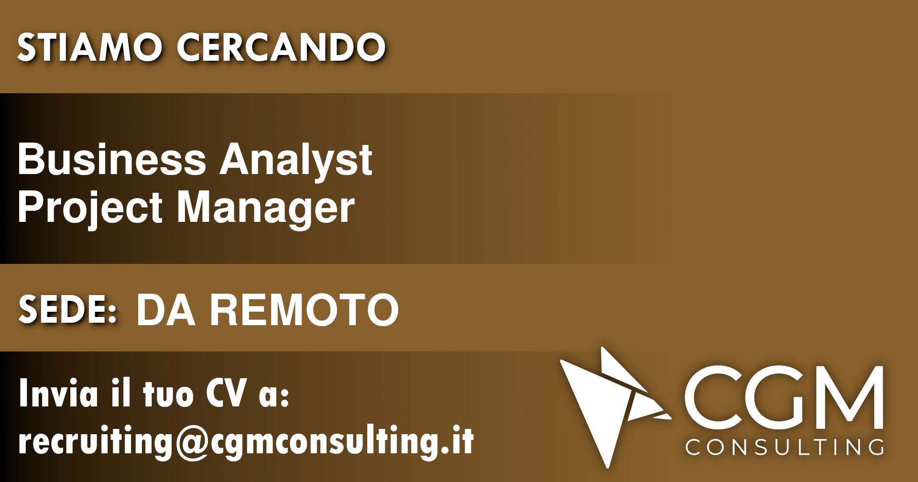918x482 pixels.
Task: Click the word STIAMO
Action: click(x=89, y=47)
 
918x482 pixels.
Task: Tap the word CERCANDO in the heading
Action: click(x=281, y=47)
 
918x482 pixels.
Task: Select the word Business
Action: click(x=112, y=159)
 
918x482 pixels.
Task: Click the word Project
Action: click(x=89, y=208)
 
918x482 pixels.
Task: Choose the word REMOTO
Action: click(x=305, y=310)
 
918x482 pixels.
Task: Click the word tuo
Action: click(x=168, y=394)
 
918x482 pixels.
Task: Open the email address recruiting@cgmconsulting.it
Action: click(x=246, y=441)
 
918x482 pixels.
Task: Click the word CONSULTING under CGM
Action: click(x=784, y=447)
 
